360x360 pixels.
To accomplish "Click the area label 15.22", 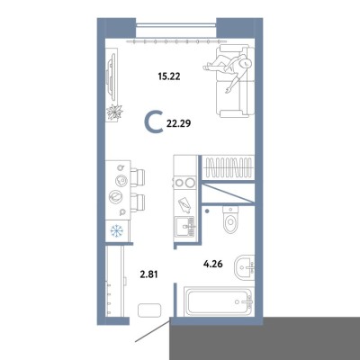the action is pos(169,76).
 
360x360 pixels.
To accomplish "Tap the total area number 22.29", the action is pos(178,123).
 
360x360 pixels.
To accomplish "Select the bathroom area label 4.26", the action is pos(213,265).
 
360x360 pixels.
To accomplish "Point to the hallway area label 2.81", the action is pos(148,274).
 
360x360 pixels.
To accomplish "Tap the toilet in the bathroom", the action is pos(230,220).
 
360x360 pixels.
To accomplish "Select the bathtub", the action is pos(219,301).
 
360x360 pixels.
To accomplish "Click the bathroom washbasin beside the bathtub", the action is pos(245,266).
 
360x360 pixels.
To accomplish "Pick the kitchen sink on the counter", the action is pos(185,227).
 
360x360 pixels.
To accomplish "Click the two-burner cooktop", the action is pos(184,183).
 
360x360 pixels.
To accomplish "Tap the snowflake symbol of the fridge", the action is pos(117,230).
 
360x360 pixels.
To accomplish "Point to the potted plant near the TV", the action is pos(114,112).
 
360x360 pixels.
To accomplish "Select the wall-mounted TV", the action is pos(112,76).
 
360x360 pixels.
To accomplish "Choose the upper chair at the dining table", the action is pos(138,177).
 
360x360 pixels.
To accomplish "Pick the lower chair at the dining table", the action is pos(138,202).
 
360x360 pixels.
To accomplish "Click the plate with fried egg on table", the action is pos(121,180).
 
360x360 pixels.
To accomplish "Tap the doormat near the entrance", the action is pos(149,310).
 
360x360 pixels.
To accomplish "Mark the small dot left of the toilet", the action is pos(206,211).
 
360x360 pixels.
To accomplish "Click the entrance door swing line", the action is pos(153,331).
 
